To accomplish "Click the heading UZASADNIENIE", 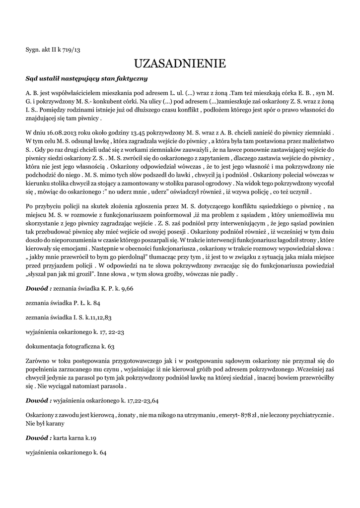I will [180, 63].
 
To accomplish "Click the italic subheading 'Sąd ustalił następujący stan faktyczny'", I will [86, 78].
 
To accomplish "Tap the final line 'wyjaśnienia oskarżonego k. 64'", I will [67, 452].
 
